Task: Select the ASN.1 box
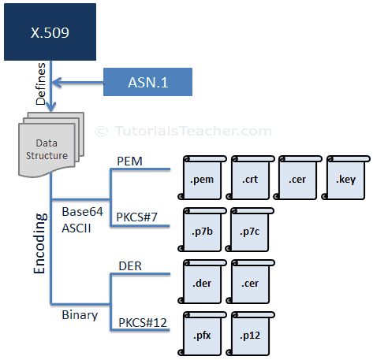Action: click(147, 82)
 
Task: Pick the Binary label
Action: click(80, 315)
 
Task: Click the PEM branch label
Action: click(129, 161)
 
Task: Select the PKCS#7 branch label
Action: click(137, 215)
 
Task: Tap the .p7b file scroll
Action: click(204, 230)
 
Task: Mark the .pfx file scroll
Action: click(204, 335)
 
